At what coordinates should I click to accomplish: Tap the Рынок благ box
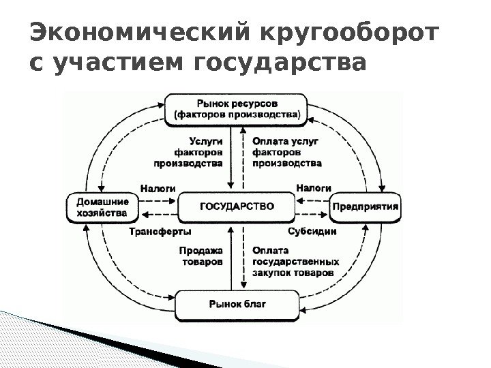coord(237,304)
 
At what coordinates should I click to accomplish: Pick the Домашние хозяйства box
coord(102,207)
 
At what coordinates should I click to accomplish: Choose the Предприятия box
coord(366,207)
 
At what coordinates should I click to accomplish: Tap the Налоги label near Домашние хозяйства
coord(158,187)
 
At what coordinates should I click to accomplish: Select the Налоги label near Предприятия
coord(314,187)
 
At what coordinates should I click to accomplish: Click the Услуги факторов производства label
coord(189,152)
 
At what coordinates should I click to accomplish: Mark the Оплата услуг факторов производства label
coord(286,152)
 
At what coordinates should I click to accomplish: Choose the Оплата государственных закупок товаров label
coord(295,260)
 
